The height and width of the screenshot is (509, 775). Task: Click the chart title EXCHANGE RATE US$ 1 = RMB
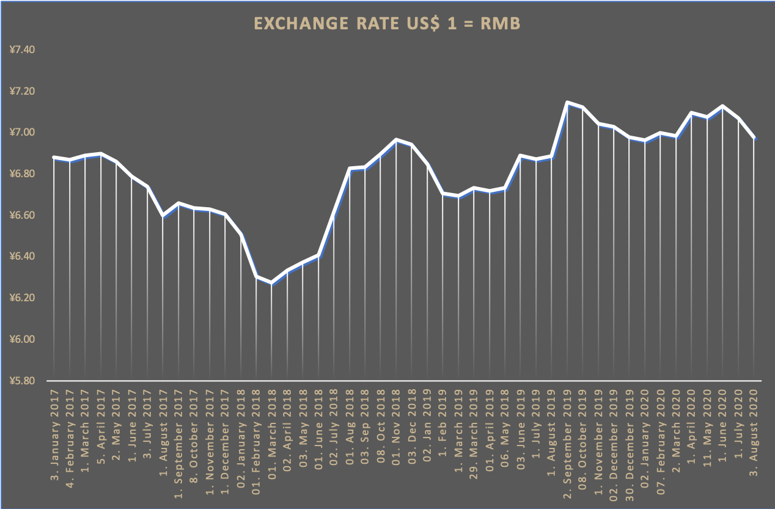387,24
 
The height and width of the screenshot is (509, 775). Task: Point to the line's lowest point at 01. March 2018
272,283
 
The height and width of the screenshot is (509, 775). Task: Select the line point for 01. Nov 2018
397,140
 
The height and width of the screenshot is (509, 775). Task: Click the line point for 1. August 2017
163,216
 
